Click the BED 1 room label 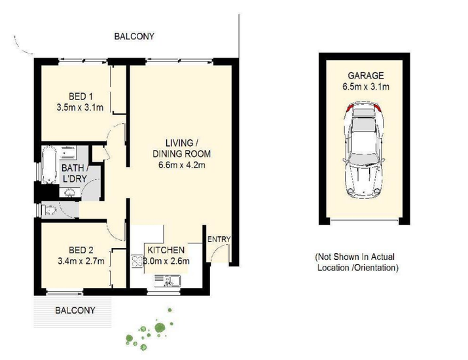[81, 96]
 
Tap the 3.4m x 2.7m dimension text [81, 261]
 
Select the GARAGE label [366, 75]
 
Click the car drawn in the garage [363, 151]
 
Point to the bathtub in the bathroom [49, 164]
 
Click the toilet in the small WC [50, 211]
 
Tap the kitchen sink [168, 281]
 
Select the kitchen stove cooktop [137, 261]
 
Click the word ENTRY [219, 239]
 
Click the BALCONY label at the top [134, 37]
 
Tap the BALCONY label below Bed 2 [75, 310]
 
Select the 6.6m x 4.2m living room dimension [182, 165]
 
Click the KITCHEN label [166, 250]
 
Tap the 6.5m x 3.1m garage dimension [366, 87]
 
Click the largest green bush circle [160, 328]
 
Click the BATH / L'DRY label [74, 173]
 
